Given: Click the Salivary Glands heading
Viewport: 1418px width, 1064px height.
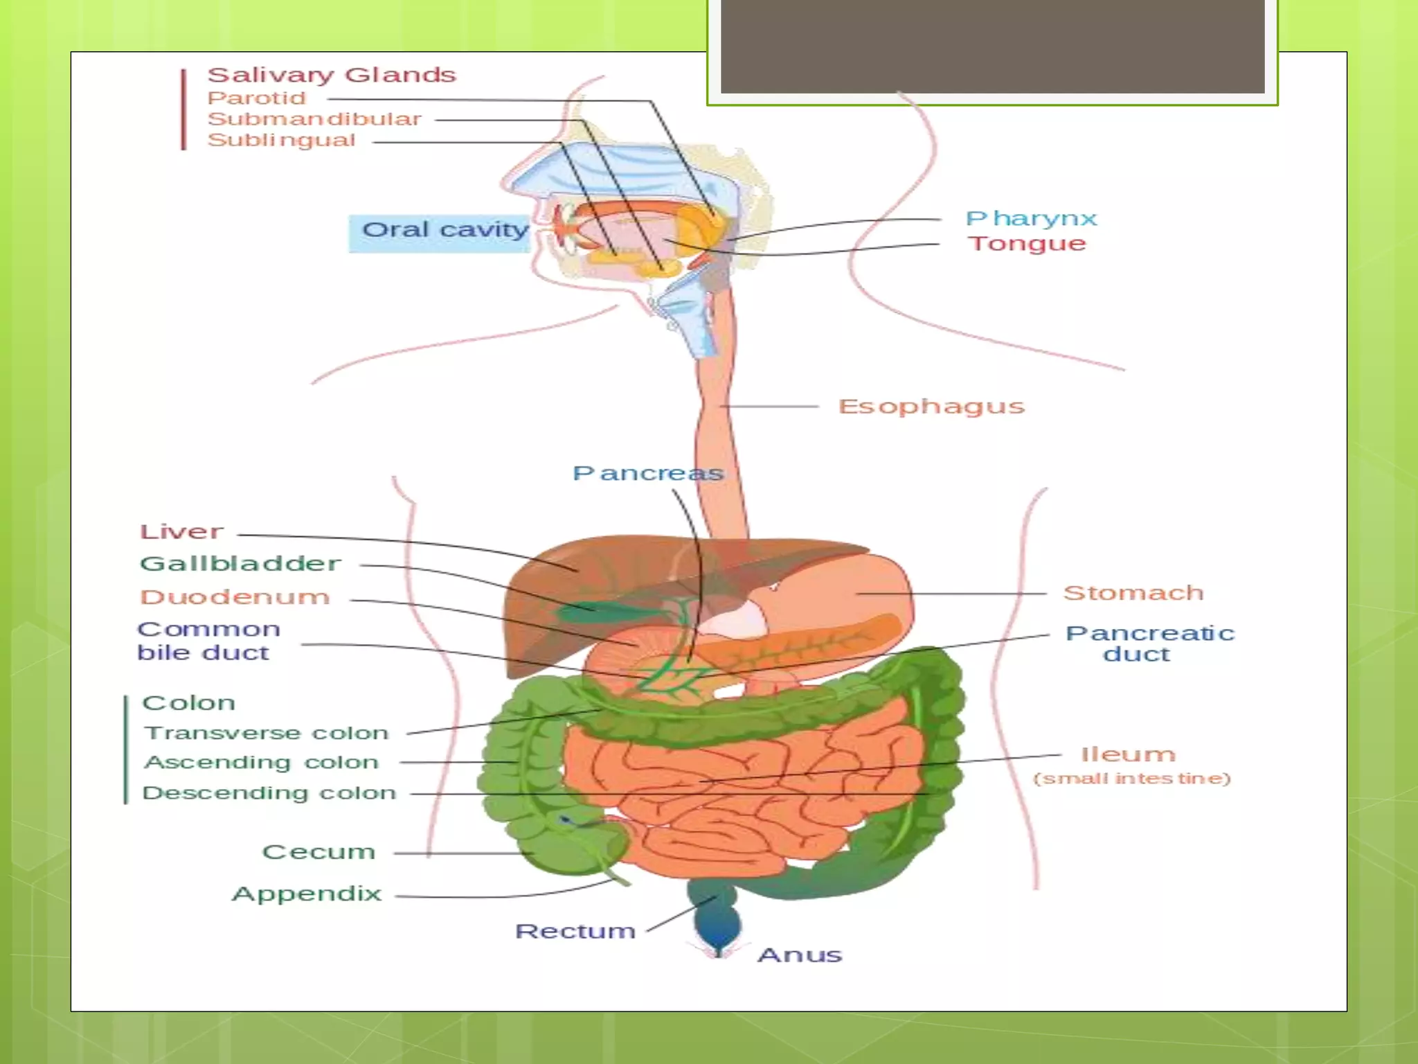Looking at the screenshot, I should click(332, 75).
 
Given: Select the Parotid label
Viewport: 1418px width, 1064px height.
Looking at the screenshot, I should click(256, 98).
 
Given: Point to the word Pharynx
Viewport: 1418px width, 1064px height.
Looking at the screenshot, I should click(1031, 219).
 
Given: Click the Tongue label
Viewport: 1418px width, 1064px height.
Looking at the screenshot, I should click(1027, 244).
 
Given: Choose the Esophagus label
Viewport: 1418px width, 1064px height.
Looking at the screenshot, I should click(931, 407).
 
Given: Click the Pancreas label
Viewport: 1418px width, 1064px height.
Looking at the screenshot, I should click(647, 473).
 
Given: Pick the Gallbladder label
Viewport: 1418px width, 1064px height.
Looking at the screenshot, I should click(240, 564).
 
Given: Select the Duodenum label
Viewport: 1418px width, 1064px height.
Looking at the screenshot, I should click(235, 597).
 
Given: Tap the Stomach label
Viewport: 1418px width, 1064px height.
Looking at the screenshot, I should click(1133, 593).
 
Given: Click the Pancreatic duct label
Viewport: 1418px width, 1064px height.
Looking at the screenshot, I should click(1149, 644).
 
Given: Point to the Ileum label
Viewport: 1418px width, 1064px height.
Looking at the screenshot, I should click(1129, 754).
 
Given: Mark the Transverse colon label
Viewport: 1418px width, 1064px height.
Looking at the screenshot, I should click(266, 733).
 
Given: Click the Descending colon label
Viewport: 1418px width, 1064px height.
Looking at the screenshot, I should click(269, 793).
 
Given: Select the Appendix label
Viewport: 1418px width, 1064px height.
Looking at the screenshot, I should click(307, 894).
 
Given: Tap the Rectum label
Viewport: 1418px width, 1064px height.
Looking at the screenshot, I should click(575, 931).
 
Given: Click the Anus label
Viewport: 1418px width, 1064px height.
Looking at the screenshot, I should click(800, 955).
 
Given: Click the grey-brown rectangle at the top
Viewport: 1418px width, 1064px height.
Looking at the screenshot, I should click(992, 46).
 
